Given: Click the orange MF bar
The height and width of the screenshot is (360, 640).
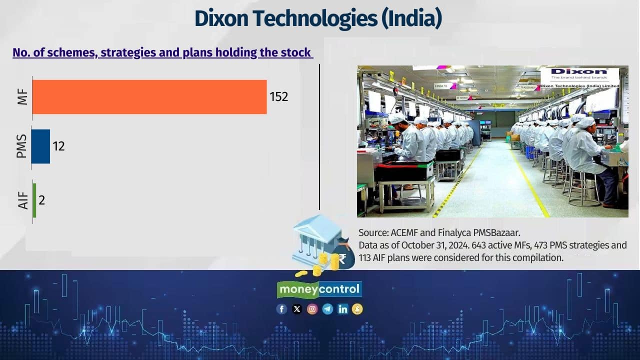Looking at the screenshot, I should [x=149, y=97].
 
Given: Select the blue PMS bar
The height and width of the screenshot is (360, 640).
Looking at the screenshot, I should [x=40, y=146].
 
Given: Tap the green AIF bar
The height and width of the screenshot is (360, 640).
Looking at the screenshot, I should [x=34, y=200].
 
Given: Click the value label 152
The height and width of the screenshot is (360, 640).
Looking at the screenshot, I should [x=279, y=97].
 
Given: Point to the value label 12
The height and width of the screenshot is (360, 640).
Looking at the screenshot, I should [x=58, y=146].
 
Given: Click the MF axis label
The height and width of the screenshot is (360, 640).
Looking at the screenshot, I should [x=21, y=97].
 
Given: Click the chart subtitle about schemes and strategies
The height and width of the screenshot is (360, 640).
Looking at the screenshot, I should [x=162, y=52].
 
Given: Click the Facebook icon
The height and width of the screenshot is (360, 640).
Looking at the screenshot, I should [x=281, y=309].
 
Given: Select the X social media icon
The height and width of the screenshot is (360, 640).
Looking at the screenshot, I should [x=297, y=309].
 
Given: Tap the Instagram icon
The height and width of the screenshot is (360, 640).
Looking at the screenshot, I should [x=312, y=309].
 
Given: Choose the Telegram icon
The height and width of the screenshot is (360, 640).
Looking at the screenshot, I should [x=327, y=309].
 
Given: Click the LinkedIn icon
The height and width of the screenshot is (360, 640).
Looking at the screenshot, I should [x=342, y=309].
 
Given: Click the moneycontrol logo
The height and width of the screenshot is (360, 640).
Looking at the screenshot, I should [x=319, y=289].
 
